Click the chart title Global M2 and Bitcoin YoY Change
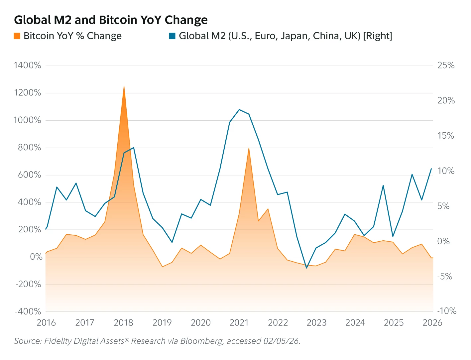click(x=111, y=20)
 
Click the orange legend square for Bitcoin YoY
click(x=17, y=36)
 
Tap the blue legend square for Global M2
click(x=172, y=36)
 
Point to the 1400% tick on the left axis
click(x=28, y=65)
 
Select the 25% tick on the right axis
click(x=446, y=65)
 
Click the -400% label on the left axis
click(x=28, y=311)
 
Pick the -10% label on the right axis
click(x=447, y=311)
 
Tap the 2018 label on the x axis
click(x=123, y=322)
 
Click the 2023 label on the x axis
click(x=316, y=322)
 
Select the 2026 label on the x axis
click(x=432, y=322)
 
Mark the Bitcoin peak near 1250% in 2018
click(x=124, y=86)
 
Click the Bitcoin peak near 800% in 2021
click(x=249, y=148)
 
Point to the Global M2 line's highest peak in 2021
click(x=239, y=109)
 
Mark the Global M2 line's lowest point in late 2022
click(x=306, y=268)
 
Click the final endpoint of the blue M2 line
click(x=431, y=169)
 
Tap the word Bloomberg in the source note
click(x=201, y=341)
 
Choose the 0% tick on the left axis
click(x=36, y=257)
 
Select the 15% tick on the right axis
click(x=446, y=136)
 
